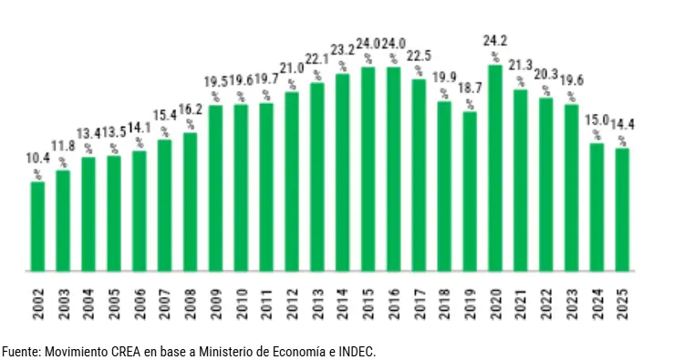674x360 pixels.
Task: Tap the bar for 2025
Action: [x=622, y=210]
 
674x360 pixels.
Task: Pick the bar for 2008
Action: [x=191, y=201]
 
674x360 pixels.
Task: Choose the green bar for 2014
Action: [x=343, y=172]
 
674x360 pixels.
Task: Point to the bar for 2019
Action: [x=470, y=190]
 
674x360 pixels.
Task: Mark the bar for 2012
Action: [x=292, y=181]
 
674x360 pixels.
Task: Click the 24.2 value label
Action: [x=495, y=41]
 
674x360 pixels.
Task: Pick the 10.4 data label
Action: [x=37, y=159]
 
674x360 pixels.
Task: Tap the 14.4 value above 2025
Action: [x=623, y=125]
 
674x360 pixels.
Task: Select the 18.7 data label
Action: [x=470, y=88]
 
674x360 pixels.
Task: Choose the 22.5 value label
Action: [x=419, y=56]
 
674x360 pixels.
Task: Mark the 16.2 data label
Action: [x=192, y=110]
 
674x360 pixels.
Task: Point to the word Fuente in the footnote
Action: [x=19, y=351]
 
